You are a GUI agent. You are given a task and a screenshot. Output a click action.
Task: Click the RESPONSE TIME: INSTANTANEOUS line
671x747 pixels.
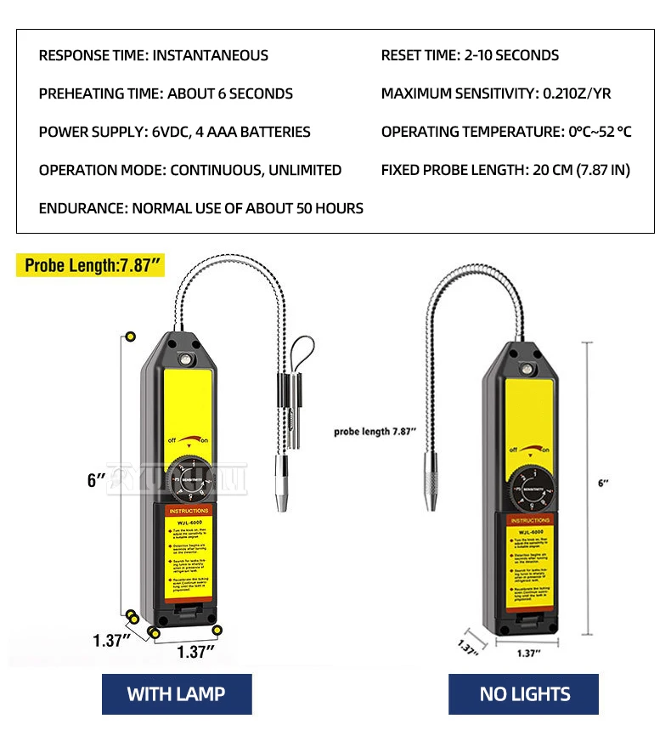coord(153,55)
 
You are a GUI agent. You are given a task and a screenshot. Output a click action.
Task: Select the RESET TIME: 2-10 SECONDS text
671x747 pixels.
coord(470,55)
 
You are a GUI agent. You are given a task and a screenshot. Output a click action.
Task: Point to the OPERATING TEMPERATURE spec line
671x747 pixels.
coord(506,132)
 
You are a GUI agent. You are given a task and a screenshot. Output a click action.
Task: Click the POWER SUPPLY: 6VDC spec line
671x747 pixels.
coord(174,132)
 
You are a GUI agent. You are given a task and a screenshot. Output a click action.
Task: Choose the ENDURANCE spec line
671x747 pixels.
coord(200,208)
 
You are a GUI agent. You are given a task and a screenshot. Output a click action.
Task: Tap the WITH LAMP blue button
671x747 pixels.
coord(176,693)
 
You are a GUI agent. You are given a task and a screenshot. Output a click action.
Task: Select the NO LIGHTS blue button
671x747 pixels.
coord(524,693)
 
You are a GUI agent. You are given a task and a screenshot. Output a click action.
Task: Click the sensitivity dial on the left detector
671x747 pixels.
coord(190,478)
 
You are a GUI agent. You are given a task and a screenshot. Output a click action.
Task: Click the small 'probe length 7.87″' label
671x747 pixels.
coord(375,432)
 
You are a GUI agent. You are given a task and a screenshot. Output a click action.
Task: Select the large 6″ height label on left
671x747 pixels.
coord(96,480)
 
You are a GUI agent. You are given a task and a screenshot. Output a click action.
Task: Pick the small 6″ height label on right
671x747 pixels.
coord(604,483)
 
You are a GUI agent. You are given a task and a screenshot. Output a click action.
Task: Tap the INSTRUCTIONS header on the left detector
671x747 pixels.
coord(188,511)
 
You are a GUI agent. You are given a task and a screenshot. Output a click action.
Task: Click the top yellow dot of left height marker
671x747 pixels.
coord(130,337)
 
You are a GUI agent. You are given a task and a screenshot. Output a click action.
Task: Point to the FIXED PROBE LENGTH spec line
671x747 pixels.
coord(505,170)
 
